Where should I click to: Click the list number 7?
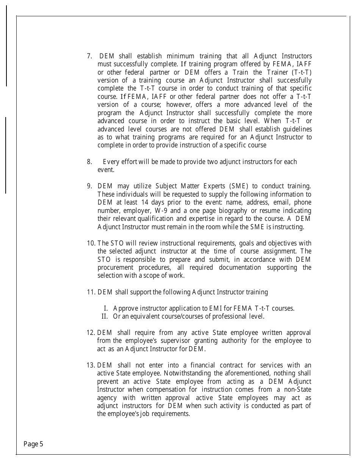click(x=89, y=56)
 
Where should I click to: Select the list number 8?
click(x=89, y=162)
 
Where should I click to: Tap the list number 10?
click(x=91, y=243)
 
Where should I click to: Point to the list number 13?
click(x=91, y=365)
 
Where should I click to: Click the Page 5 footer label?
click(x=33, y=444)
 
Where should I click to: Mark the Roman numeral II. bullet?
click(x=106, y=316)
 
